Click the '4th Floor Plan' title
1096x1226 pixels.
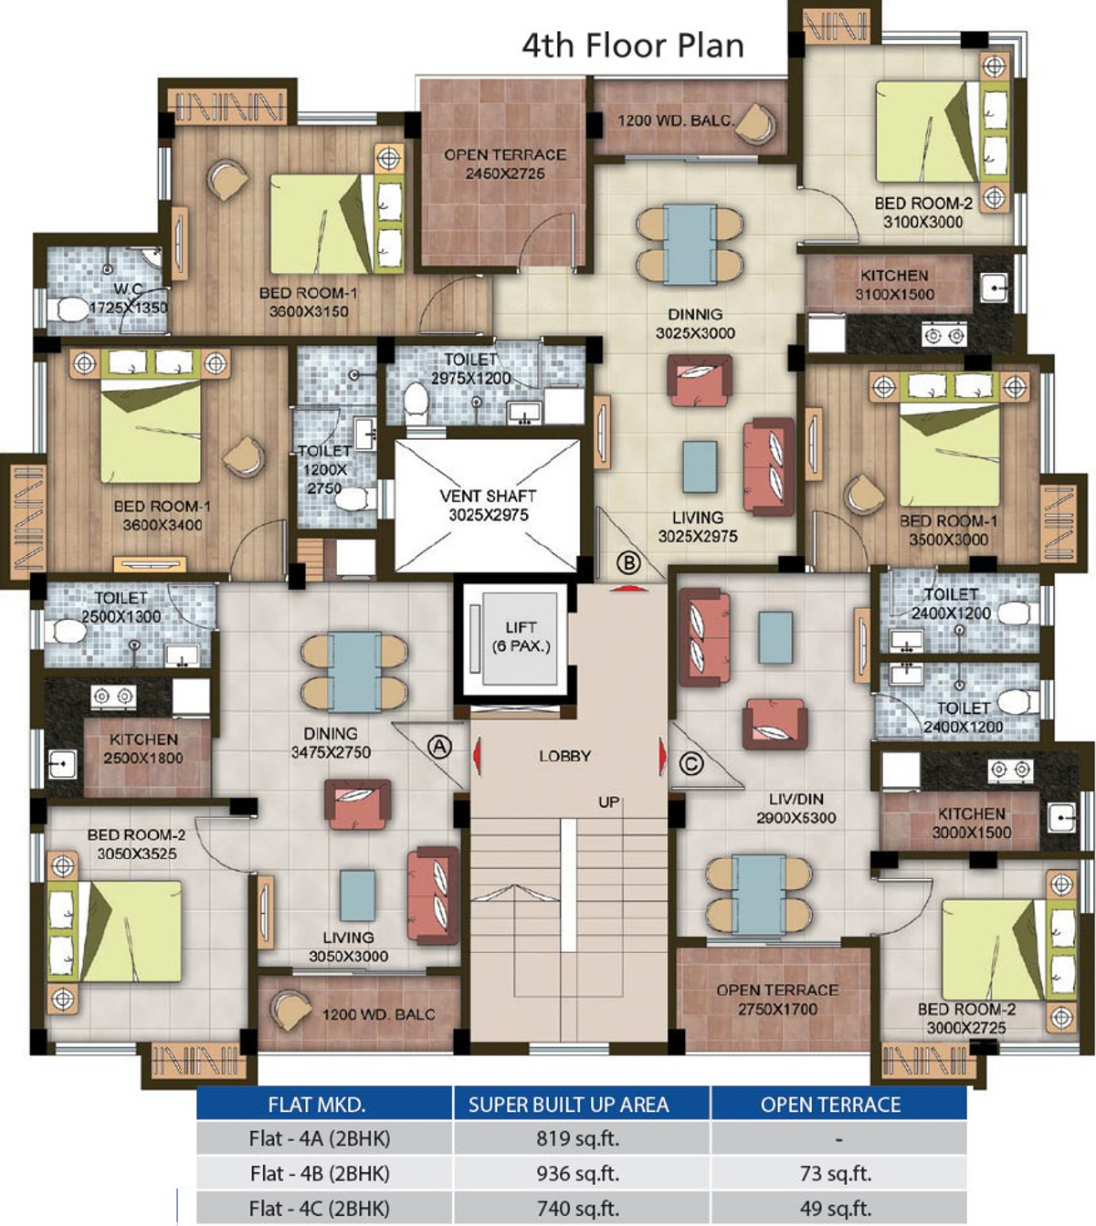[x=633, y=46]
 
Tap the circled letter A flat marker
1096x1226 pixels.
[x=439, y=747]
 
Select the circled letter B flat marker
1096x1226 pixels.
[x=628, y=562]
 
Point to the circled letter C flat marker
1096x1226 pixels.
[x=690, y=764]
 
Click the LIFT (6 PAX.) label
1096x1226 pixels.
[x=521, y=636]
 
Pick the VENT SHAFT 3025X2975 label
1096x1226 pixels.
[x=488, y=506]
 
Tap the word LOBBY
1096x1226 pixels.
[x=564, y=756]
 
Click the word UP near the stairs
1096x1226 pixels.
[x=608, y=802]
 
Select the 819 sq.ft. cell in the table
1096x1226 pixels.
[x=577, y=1139]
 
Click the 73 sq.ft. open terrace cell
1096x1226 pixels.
[x=836, y=1173]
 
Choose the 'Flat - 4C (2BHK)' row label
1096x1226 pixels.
[x=319, y=1209]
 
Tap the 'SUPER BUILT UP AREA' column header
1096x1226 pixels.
[x=569, y=1105]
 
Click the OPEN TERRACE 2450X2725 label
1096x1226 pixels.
[x=505, y=164]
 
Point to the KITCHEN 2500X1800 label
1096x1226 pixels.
[x=143, y=749]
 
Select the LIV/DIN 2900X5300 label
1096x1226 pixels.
[x=796, y=808]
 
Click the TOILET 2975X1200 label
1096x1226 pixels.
[x=471, y=369]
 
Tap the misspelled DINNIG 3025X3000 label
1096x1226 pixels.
[x=695, y=324]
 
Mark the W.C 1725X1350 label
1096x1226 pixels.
[x=129, y=299]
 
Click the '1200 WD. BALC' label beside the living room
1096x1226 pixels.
[x=378, y=1014]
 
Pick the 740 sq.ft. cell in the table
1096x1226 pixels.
[x=577, y=1209]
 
